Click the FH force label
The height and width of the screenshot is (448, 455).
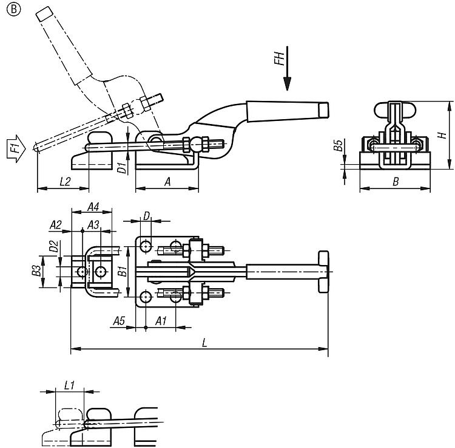(x=279, y=60)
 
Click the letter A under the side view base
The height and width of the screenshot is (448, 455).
(x=167, y=181)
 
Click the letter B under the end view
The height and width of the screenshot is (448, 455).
(x=395, y=181)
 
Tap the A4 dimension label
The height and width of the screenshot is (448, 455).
(x=93, y=207)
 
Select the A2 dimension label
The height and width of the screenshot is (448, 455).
(x=56, y=224)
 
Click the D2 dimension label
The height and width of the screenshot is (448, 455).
(x=54, y=246)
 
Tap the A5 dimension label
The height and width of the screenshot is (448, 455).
(x=119, y=320)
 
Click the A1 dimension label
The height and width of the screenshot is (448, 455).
(x=161, y=320)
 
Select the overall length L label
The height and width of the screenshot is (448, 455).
(x=204, y=343)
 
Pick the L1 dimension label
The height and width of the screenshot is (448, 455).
(x=69, y=385)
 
